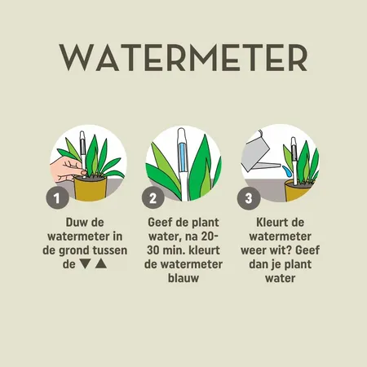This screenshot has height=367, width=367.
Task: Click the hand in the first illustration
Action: [x=62, y=170]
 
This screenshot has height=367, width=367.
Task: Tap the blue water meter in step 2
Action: [x=180, y=163]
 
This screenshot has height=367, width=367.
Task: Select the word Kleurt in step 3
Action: [x=267, y=221]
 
